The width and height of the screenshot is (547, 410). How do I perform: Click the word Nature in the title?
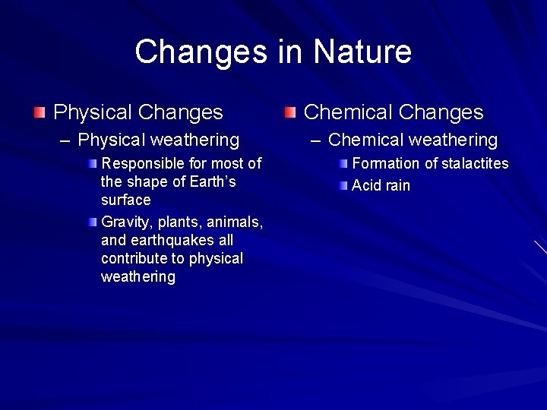click(x=362, y=52)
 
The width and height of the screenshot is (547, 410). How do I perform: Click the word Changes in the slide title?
click(x=200, y=52)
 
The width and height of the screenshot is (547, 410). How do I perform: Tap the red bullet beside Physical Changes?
click(x=39, y=113)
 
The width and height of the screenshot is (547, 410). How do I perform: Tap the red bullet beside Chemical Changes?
click(x=289, y=113)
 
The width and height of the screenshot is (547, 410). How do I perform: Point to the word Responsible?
click(x=141, y=163)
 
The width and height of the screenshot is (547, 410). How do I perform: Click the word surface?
click(x=125, y=200)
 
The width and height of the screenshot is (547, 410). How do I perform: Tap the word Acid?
click(x=367, y=186)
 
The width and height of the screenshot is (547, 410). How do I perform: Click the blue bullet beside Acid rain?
click(x=343, y=185)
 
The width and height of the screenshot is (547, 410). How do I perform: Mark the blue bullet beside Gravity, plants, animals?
click(x=93, y=222)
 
